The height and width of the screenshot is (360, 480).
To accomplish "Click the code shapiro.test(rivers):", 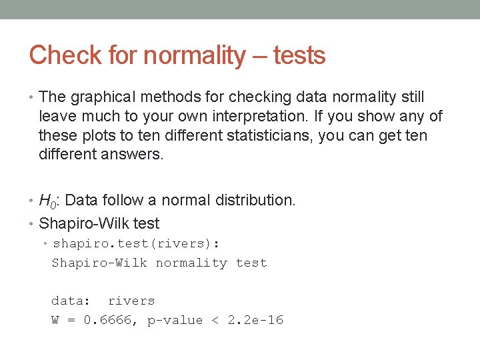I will (x=136, y=243).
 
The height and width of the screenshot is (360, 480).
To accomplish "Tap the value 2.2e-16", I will (x=255, y=320).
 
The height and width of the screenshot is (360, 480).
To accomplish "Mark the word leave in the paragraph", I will (x=57, y=117).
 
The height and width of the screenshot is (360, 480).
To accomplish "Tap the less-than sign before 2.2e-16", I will (x=215, y=320).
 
